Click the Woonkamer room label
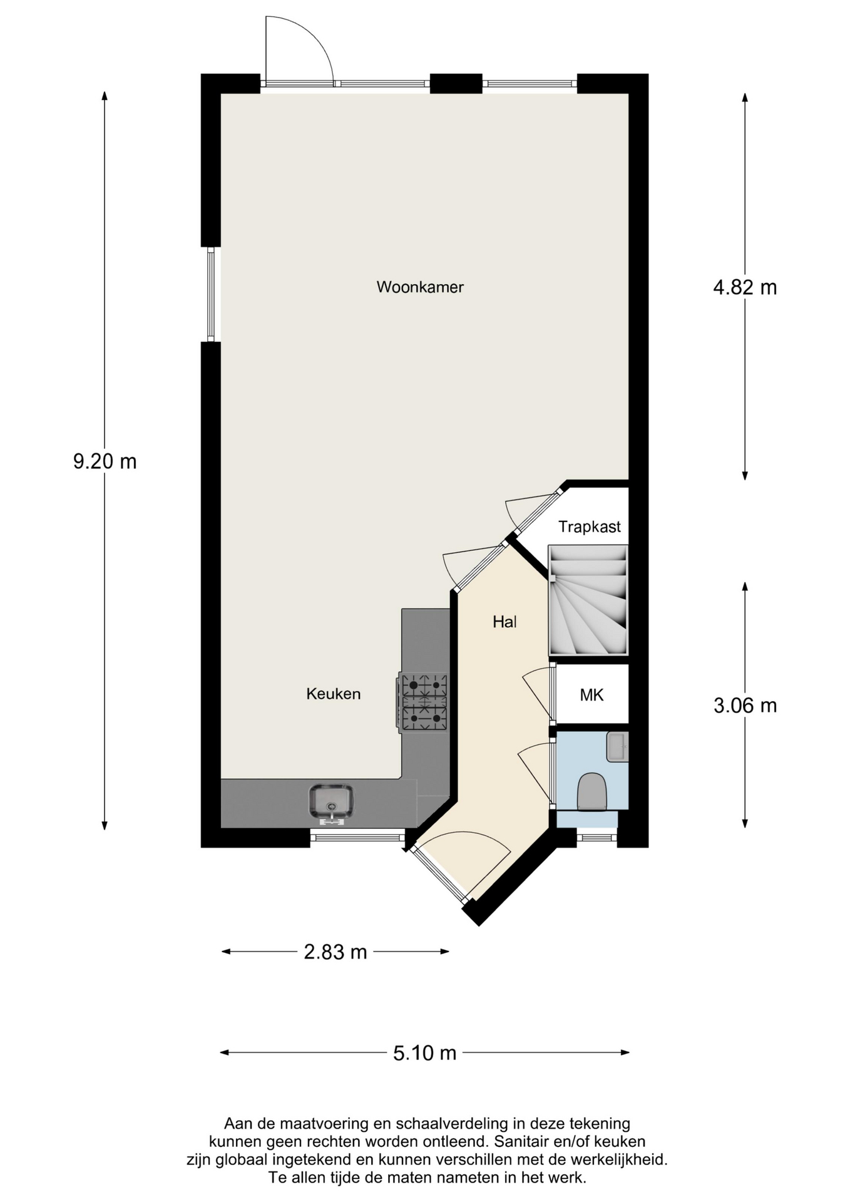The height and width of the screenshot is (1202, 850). click(420, 287)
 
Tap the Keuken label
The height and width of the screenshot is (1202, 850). click(334, 694)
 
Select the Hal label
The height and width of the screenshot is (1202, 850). click(504, 622)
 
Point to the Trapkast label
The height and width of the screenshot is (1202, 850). click(590, 527)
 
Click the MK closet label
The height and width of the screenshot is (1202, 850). click(591, 694)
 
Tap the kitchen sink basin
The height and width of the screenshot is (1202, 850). click(331, 802)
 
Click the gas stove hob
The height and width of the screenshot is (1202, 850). click(423, 702)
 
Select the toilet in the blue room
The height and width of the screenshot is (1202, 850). click(591, 792)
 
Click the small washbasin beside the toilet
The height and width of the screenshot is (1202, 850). click(617, 747)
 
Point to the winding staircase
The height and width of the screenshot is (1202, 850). click(588, 600)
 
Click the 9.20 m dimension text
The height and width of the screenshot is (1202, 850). click(105, 462)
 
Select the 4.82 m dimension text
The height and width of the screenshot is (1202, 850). click(745, 287)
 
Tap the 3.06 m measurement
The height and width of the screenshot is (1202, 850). click(745, 706)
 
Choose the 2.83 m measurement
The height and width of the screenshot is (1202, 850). click(335, 952)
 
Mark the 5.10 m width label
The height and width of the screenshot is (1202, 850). click(424, 1054)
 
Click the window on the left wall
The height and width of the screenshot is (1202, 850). click(211, 294)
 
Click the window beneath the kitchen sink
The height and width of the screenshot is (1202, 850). click(357, 837)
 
